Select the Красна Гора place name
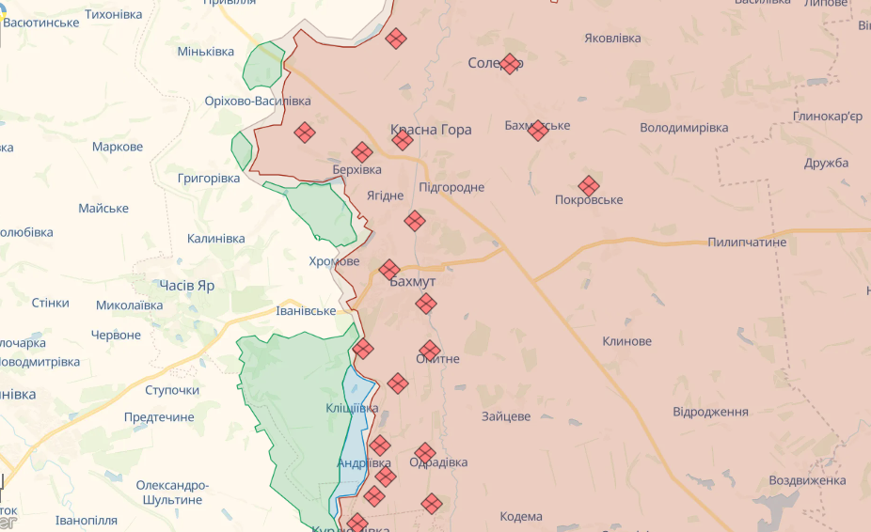431,130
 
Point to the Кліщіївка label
352,408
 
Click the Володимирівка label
684,127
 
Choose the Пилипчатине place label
747,243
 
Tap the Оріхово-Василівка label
258,101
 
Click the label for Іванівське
306,311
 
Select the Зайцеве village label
506,416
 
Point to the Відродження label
710,412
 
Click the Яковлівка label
612,39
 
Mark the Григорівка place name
208,178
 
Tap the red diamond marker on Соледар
510,64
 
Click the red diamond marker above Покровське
589,186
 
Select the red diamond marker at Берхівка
362,152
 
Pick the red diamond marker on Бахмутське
538,130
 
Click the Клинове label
626,341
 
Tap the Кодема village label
521,516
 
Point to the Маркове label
118,147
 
